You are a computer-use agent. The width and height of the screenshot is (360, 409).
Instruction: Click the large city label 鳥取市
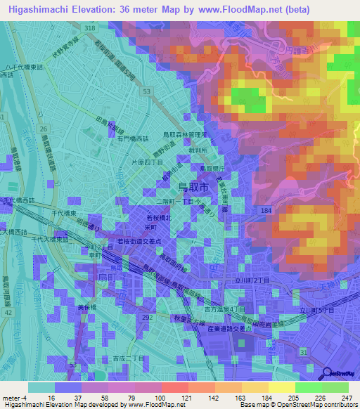click(193, 187)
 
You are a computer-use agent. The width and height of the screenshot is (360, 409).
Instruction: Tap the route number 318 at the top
click(89, 27)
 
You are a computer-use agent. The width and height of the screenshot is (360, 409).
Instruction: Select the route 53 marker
click(146, 92)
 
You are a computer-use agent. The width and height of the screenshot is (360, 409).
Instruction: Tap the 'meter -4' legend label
click(15, 398)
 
